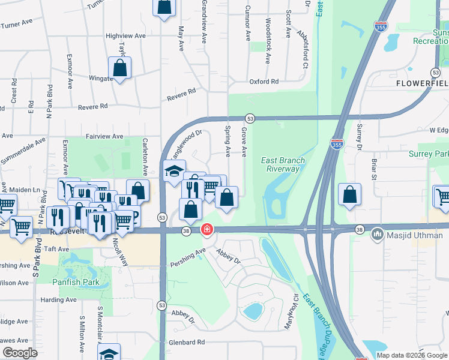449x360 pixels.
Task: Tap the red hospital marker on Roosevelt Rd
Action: (206, 230)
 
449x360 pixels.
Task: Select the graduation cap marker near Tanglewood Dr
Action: (174, 172)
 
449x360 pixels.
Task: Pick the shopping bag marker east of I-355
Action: (349, 195)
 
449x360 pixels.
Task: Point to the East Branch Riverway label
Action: (283, 164)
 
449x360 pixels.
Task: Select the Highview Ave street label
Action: (126, 36)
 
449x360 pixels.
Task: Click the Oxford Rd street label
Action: (264, 82)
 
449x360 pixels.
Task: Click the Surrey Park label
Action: (428, 154)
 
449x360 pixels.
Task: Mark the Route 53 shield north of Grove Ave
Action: (250, 119)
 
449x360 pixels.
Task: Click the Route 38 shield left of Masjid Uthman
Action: (359, 229)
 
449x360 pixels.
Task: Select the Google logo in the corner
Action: (20, 353)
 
